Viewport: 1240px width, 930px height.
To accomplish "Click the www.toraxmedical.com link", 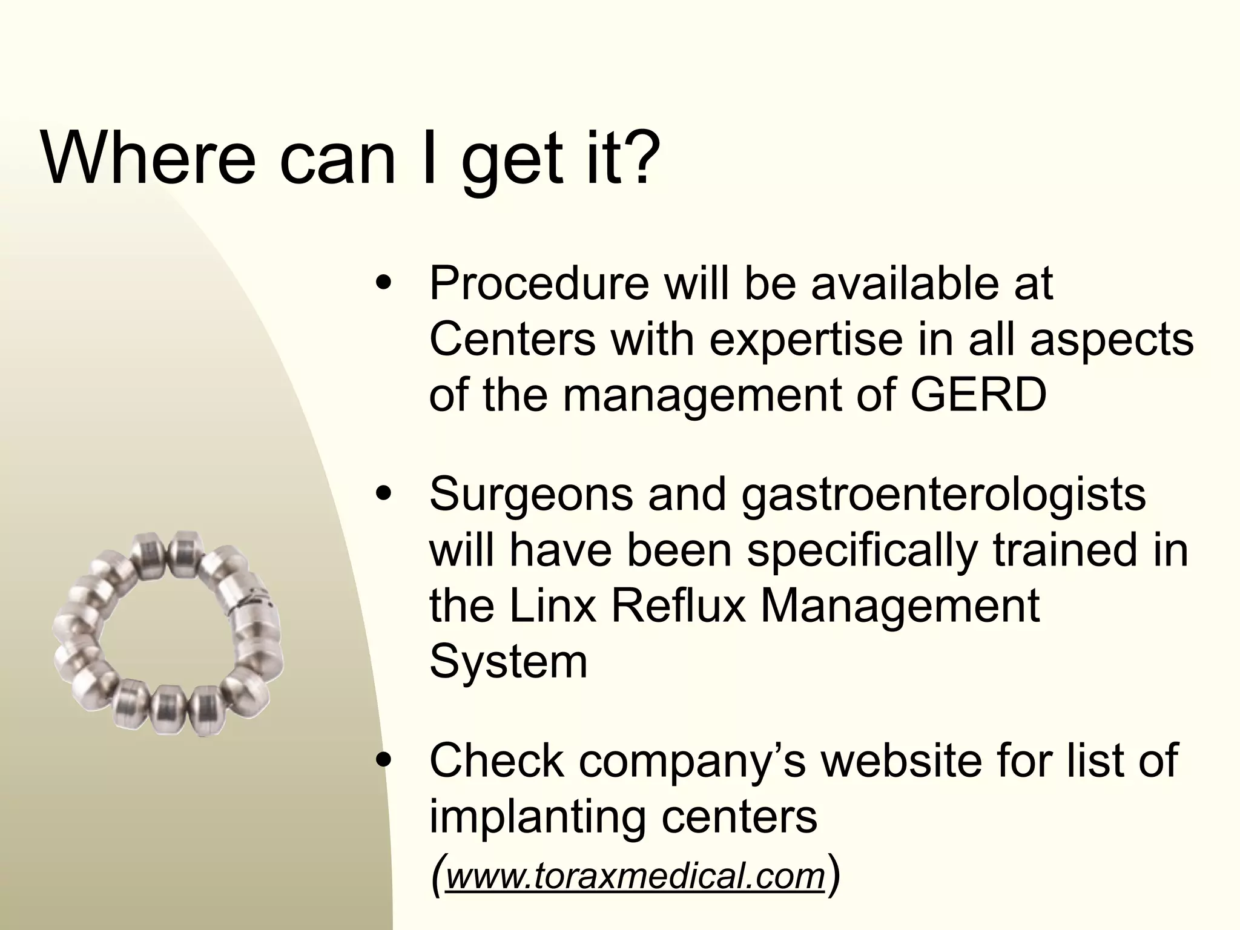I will pos(635,876).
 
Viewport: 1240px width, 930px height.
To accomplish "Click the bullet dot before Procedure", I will pos(383,283).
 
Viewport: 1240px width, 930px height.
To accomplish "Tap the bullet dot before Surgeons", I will pos(383,493).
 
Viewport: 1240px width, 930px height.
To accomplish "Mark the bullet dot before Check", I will pos(383,760).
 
